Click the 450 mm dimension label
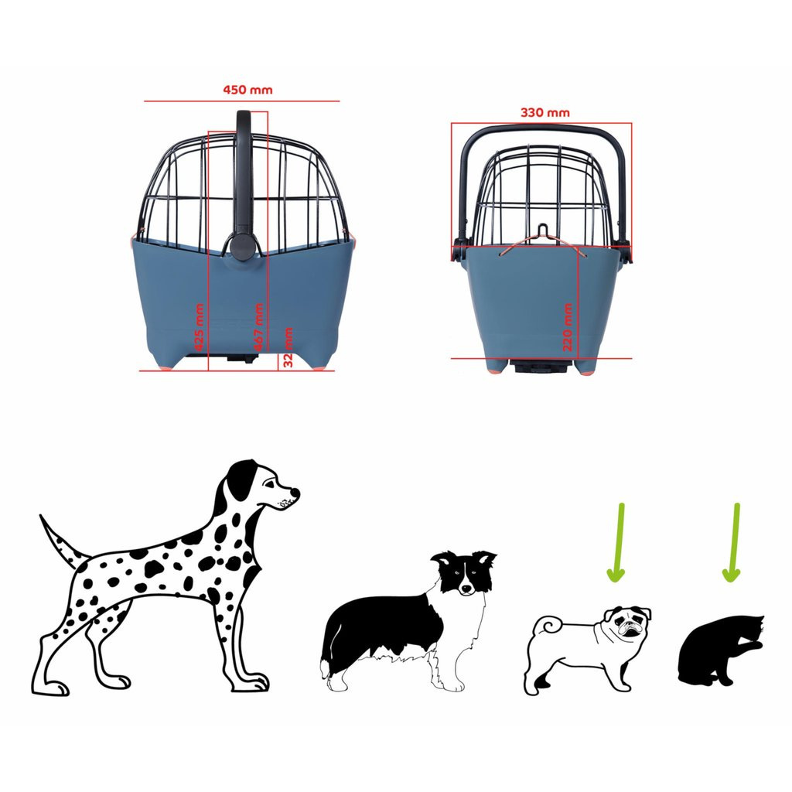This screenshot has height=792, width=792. pos(247,90)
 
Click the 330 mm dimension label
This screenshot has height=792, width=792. pos(545,112)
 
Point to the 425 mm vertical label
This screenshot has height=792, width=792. pos(200,327)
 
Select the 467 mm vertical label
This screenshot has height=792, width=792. pos(258,327)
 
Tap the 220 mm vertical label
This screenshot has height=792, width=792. pos(567,327)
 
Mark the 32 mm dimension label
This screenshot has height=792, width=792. pos(288,347)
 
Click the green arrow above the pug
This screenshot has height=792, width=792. pos(617,542)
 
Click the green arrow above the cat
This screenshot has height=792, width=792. pos(733,542)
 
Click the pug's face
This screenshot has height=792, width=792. pos(628,623)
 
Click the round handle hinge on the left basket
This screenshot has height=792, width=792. pos(242,246)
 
